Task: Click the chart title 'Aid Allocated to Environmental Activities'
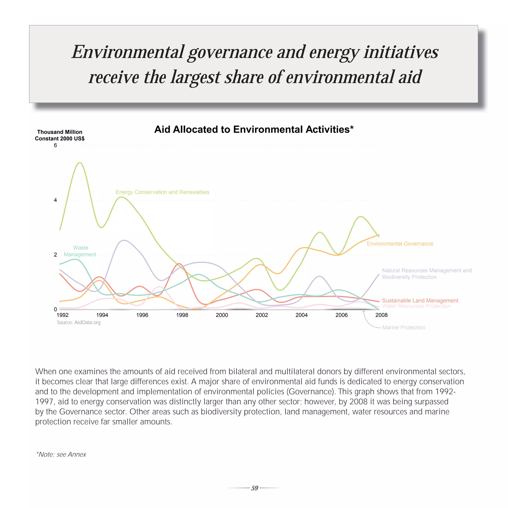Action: click(254, 130)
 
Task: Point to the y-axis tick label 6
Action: click(55, 145)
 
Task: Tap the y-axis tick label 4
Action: click(55, 200)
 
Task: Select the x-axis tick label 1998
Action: click(182, 315)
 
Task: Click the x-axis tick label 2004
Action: click(301, 315)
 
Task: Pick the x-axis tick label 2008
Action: click(381, 315)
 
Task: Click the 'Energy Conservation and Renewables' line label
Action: click(162, 192)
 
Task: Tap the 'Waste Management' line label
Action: click(80, 251)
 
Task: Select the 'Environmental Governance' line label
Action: click(400, 244)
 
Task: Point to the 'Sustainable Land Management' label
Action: click(420, 301)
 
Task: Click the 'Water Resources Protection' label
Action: click(416, 306)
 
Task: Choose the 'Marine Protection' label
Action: click(403, 327)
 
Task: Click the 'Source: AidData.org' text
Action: click(79, 322)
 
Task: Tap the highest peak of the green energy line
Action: click(80, 162)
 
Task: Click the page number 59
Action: click(254, 488)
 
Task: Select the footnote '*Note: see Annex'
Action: click(61, 454)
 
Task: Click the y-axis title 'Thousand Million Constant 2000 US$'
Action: click(60, 135)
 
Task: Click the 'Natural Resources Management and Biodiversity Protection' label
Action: click(427, 274)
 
